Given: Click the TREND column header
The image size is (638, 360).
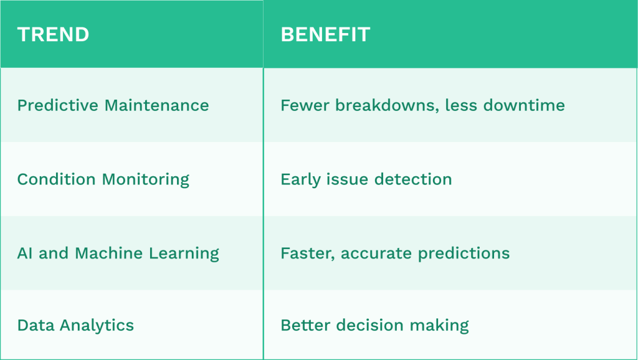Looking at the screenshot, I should [53, 34].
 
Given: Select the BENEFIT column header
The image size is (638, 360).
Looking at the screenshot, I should [325, 34].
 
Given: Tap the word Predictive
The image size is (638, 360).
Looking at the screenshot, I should [58, 105].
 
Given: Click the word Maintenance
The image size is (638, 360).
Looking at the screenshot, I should [157, 105].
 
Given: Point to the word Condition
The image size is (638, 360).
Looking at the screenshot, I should [57, 179].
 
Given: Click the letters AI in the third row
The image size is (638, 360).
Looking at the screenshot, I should [26, 253].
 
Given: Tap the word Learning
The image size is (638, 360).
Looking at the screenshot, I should [184, 254].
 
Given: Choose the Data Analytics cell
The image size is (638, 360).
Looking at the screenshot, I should [75, 325].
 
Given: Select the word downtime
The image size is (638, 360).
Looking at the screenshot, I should [526, 105].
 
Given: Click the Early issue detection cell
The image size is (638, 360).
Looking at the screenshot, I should [366, 179].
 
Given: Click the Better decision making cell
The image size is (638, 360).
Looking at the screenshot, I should [374, 325].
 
